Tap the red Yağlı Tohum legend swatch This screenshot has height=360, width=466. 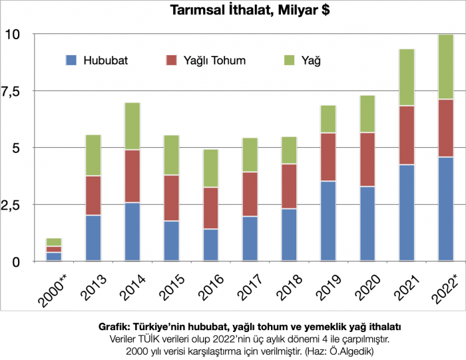pyautogui.click(x=171, y=61)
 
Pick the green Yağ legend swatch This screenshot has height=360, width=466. pyautogui.click(x=289, y=61)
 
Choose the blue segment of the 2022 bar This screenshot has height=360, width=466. pyautogui.click(x=445, y=208)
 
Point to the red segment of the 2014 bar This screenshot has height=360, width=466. pyautogui.click(x=132, y=176)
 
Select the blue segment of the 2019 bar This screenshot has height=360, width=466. pyautogui.click(x=328, y=220)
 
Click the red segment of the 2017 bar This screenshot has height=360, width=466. pyautogui.click(x=250, y=194)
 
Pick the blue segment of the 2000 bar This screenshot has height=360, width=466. pyautogui.click(x=54, y=256)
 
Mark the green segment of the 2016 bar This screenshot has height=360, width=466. pyautogui.click(x=210, y=168)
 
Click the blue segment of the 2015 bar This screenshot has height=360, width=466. pyautogui.click(x=171, y=240)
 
